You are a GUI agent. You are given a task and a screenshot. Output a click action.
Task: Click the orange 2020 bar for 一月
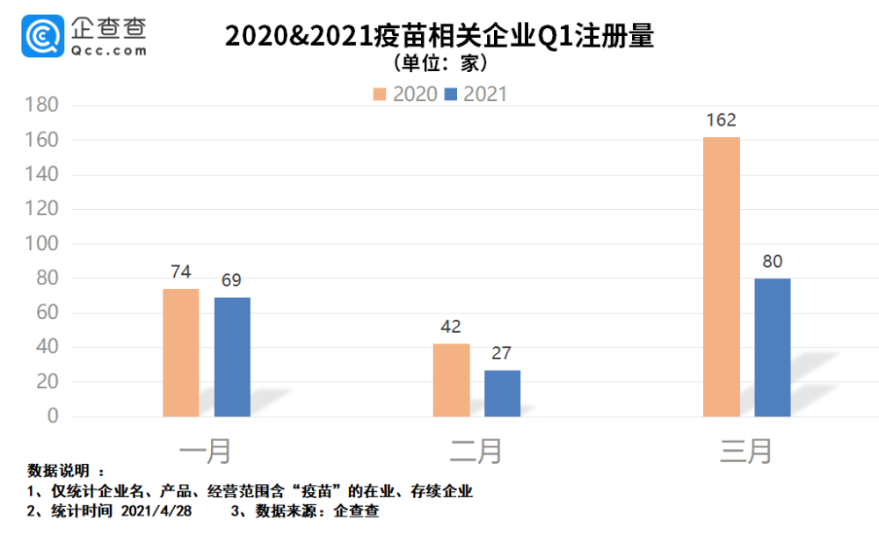pos(181,352)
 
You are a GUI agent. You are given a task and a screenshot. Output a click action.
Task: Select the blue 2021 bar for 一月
pos(232,357)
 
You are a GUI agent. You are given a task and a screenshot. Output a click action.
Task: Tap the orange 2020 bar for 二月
pos(452,380)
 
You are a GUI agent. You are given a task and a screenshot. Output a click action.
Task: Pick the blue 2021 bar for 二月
pos(502,393)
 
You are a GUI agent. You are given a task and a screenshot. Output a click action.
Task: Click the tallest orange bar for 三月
pos(722,277)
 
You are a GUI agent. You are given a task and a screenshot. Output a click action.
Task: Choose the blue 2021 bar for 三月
pos(773,347)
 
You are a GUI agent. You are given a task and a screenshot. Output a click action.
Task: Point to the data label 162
pos(721,119)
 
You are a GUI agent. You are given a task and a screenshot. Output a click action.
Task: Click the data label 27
pos(502,353)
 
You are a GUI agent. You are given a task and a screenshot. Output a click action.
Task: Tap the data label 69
pos(232,280)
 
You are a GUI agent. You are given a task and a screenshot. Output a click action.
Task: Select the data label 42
pos(451,327)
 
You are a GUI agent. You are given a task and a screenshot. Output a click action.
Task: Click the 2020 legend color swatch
pos(380,94)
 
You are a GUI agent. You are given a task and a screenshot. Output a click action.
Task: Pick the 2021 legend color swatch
pos(451,94)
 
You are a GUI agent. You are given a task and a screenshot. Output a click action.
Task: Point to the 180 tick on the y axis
pos(40,105)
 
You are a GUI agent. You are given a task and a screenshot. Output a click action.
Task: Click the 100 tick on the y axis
pos(40,243)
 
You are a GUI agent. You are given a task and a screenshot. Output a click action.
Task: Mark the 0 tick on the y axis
pos(52,416)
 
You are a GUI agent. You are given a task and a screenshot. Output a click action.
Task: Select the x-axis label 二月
pos(476,451)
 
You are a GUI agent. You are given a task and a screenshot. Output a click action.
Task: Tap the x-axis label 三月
pos(746,451)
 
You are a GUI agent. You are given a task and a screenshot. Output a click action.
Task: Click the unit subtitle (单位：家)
pos(439,63)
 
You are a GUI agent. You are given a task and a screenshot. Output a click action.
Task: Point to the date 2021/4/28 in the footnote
pos(156,510)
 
